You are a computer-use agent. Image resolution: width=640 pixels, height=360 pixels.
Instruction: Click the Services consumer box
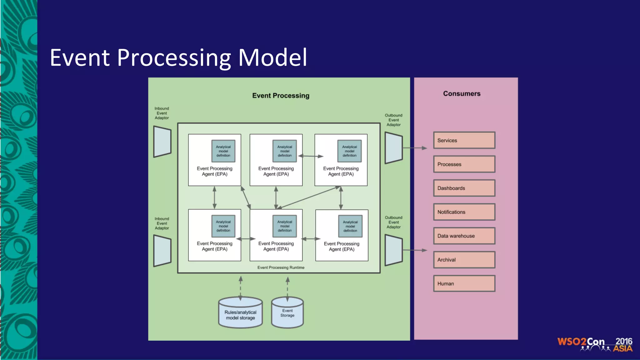tap(464, 140)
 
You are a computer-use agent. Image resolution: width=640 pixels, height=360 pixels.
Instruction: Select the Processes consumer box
tap(464, 164)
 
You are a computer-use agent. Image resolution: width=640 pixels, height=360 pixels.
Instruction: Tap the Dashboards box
tap(464, 188)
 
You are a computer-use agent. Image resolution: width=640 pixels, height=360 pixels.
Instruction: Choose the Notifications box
tap(464, 212)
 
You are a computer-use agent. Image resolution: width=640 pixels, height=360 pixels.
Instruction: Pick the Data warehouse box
tap(464, 236)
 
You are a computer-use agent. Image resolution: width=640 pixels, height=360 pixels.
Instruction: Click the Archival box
tap(464, 260)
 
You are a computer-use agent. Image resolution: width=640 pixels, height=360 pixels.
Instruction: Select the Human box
tap(464, 283)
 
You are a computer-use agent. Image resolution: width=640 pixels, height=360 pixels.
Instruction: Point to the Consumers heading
tap(462, 94)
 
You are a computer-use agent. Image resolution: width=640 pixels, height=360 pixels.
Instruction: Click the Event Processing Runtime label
tap(281, 267)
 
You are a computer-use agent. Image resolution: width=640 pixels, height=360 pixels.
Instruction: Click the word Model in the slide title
tap(272, 57)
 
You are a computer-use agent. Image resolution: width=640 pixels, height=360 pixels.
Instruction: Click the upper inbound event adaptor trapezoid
tap(162, 142)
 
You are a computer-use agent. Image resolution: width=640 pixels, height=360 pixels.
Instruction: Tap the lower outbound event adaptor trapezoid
tap(393, 250)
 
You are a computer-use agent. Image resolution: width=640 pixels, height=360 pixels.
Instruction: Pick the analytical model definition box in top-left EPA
tap(223, 151)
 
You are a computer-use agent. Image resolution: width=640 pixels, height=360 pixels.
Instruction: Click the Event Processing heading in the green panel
tap(281, 96)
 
